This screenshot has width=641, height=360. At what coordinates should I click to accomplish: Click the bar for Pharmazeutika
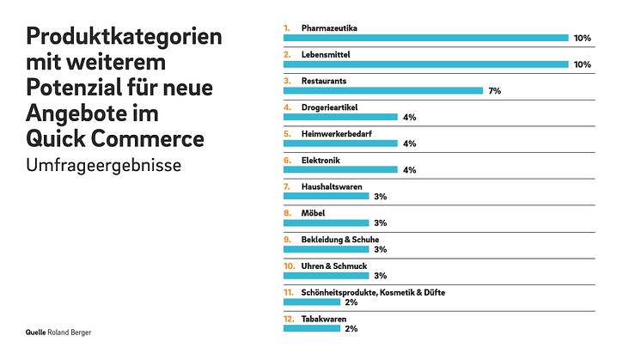(x=425, y=38)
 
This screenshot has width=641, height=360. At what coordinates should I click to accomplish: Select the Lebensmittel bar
(x=425, y=64)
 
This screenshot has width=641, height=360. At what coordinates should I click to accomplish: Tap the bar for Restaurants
(x=383, y=90)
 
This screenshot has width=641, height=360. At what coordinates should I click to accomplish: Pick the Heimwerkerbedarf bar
(x=340, y=143)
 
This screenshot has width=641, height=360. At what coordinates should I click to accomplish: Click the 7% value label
(x=494, y=91)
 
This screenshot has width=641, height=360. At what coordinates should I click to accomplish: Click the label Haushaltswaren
(x=332, y=186)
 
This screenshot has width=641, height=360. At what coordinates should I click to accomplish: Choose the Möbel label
(x=314, y=213)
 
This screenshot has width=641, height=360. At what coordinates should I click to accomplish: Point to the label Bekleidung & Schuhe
(x=340, y=240)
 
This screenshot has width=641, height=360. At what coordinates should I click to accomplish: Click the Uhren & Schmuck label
(x=334, y=266)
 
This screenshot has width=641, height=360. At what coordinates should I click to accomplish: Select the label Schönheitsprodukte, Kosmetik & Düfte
(x=373, y=292)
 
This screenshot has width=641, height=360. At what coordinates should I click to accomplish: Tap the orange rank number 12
(x=289, y=319)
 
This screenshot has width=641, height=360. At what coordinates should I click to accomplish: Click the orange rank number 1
(x=287, y=28)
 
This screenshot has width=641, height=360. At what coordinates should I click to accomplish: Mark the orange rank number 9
(x=288, y=240)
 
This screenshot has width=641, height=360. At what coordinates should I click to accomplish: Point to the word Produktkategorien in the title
(x=124, y=38)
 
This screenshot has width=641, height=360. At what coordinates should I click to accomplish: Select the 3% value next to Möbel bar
(x=381, y=223)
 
